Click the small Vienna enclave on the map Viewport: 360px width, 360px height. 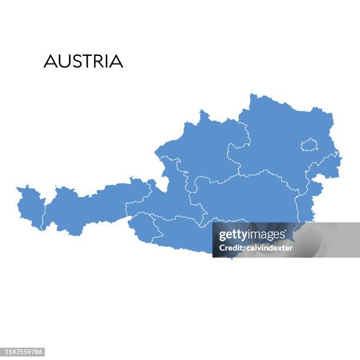pos(309,145)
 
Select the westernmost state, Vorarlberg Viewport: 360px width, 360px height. pos(30,206)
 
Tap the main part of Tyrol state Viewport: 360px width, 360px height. pos(88,206)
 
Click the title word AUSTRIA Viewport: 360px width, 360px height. pos(84,61)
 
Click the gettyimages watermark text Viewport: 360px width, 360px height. pos(252,235)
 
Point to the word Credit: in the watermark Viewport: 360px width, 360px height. pos(231,248)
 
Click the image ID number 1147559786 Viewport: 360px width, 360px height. pos(24,352)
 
